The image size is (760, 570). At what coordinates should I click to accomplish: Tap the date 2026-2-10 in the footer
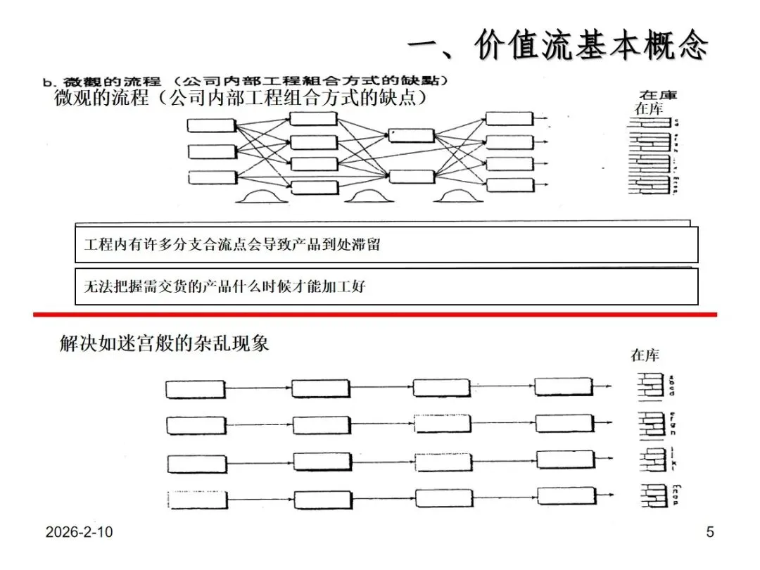click(79, 533)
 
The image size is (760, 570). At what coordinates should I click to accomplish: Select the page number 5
click(709, 532)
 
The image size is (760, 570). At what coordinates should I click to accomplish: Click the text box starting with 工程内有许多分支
click(386, 245)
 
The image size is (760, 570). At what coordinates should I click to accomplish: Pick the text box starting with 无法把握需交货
click(386, 286)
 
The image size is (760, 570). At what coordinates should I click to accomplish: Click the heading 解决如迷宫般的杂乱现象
click(165, 344)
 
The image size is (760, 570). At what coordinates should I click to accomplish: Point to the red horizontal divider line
click(374, 314)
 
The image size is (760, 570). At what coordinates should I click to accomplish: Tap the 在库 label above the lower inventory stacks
click(645, 355)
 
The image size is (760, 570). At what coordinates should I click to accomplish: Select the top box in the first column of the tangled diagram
click(210, 126)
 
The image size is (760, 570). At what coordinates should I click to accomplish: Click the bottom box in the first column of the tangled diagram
click(210, 177)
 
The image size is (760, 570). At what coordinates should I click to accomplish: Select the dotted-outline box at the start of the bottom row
click(197, 500)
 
